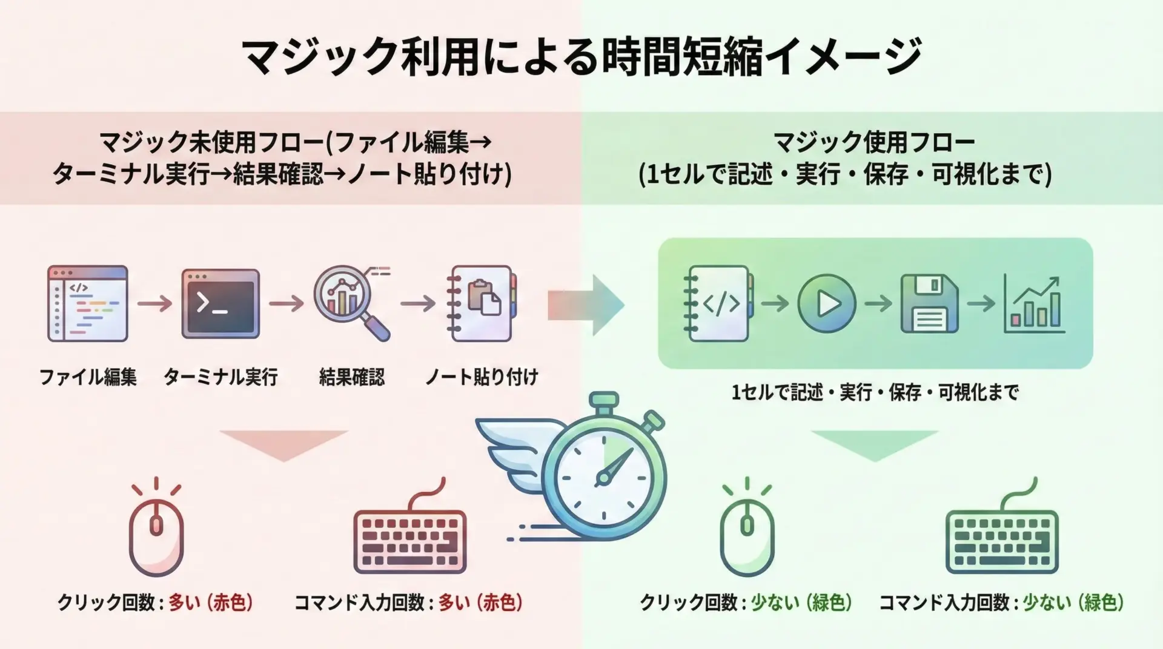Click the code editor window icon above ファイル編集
point(88,303)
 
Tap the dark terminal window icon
point(220,303)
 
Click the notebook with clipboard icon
point(482,303)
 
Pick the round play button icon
point(826,303)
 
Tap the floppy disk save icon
point(929,303)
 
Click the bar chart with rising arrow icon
point(1034,305)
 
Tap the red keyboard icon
point(410,541)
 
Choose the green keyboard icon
point(1002,541)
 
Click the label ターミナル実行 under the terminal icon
point(220,377)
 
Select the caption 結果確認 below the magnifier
point(351,377)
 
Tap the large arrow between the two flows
point(585,305)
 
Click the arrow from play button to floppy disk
point(878,303)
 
